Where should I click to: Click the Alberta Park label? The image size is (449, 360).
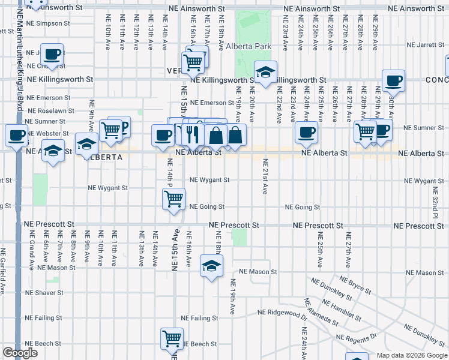pos(249,46)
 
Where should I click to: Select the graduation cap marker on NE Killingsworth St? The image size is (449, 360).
pos(264,73)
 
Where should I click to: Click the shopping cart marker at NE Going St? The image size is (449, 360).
pos(174,200)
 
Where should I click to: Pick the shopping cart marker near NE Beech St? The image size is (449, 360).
pos(172,339)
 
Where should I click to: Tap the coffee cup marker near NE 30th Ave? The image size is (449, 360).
pos(393,80)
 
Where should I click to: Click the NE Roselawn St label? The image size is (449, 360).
pos(51,111)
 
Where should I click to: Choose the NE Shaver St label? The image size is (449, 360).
pos(43,293)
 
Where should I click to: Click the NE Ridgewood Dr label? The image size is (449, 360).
pos(282,312)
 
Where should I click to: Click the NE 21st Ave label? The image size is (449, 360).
pos(265,176)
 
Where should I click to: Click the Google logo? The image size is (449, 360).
pos(20,353)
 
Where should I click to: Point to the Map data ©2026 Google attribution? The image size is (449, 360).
pos(412,355)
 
